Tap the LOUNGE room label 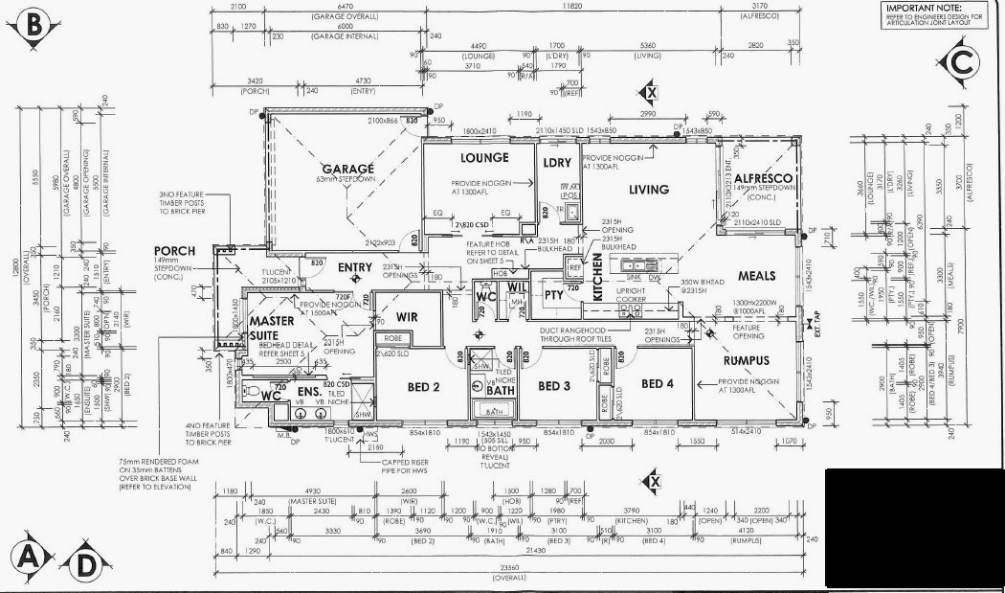tap(483, 158)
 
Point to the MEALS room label tap(756, 277)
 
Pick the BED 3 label tap(554, 385)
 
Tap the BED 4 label tap(658, 384)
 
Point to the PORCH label tap(174, 252)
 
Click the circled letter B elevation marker tap(33, 26)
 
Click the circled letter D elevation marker tap(85, 565)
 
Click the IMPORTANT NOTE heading tap(925, 7)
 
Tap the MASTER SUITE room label tap(272, 329)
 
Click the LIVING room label tap(648, 190)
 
